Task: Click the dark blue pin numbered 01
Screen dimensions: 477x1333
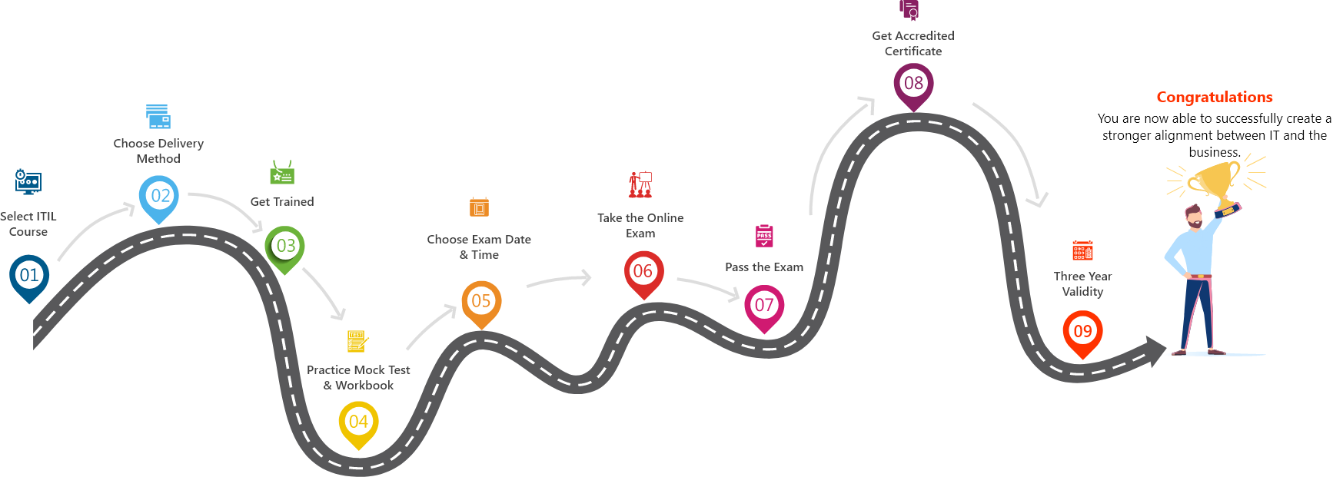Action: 29,276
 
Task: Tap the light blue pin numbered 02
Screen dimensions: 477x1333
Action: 159,197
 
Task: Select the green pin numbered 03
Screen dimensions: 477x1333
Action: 285,247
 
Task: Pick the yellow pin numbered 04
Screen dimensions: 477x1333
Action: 358,422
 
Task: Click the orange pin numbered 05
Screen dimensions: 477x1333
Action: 481,301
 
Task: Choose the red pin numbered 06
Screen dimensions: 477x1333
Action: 643,271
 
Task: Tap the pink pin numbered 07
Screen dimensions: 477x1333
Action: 764,306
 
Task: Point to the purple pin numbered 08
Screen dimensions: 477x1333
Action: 913,84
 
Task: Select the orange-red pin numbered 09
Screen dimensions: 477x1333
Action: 1082,332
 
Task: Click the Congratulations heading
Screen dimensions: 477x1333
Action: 1214,98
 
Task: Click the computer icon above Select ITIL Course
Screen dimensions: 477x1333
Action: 28,182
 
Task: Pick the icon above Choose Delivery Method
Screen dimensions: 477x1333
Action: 158,117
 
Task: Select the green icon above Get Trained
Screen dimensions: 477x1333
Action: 282,174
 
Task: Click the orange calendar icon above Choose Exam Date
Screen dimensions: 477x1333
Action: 479,207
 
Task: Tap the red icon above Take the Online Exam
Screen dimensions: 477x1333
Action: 640,184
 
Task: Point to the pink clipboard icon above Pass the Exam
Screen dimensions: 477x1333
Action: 764,236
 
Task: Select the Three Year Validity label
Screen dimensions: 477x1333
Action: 1082,283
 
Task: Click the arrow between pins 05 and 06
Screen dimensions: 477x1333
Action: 560,280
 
